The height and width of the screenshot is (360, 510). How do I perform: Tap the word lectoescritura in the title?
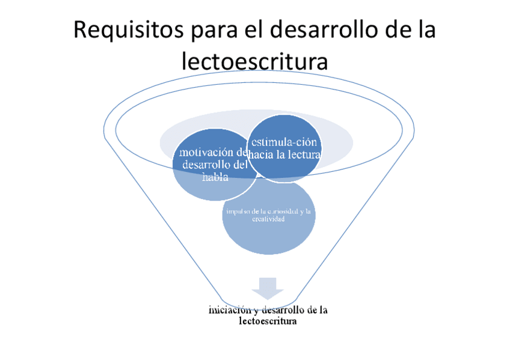(x=254, y=61)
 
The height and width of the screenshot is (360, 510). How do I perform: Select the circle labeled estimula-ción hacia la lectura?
(x=284, y=148)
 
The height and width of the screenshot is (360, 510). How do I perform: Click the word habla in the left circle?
(x=215, y=176)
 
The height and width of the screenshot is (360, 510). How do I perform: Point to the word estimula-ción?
(x=284, y=142)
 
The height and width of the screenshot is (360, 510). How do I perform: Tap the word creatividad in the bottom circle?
(x=268, y=219)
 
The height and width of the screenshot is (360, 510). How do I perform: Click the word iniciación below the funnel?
(x=226, y=310)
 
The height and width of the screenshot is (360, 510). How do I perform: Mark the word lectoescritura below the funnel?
(x=268, y=322)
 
